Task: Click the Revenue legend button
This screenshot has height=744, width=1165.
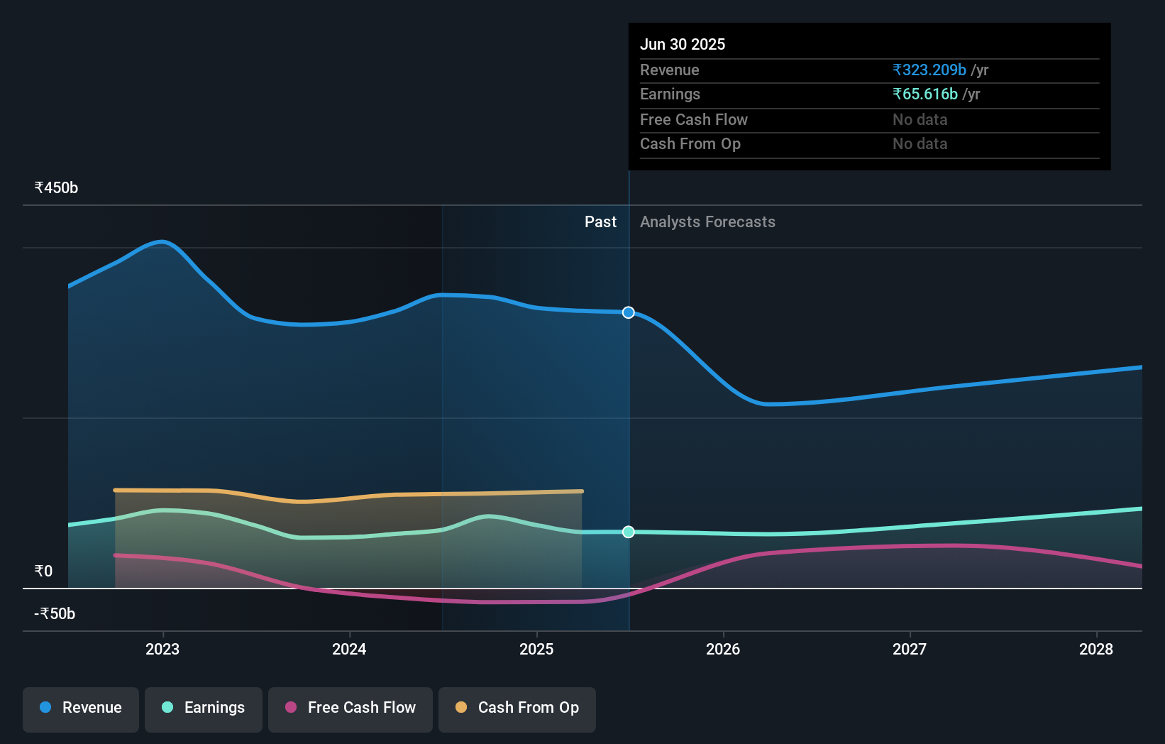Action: tap(81, 709)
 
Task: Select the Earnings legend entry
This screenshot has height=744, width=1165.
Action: tap(204, 709)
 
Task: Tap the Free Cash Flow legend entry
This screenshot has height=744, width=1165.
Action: tap(350, 709)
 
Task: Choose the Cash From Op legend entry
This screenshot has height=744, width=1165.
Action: tap(517, 709)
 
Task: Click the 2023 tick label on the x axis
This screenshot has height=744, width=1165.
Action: tap(162, 649)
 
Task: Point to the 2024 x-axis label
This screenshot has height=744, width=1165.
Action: tap(349, 649)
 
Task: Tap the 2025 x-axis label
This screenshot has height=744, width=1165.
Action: tap(536, 649)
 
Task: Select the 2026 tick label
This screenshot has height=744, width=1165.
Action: tap(723, 649)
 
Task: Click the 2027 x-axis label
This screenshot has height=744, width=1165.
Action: tap(910, 649)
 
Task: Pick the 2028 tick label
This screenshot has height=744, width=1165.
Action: tap(1096, 649)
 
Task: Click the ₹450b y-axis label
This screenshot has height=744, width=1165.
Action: tap(56, 188)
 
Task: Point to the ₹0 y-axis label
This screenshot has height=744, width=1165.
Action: tap(44, 571)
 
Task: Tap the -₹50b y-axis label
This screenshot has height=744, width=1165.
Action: tap(55, 614)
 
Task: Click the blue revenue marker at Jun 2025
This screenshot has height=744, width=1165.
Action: tap(629, 312)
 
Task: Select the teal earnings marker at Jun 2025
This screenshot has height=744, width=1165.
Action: tap(629, 532)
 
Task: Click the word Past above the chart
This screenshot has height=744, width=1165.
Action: tap(600, 222)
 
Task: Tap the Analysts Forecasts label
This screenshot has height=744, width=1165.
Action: tap(707, 222)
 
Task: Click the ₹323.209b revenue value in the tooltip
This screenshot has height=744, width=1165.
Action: tap(929, 70)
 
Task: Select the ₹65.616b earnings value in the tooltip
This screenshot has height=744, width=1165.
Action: tap(925, 94)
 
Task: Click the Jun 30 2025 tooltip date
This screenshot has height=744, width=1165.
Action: tap(683, 45)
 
